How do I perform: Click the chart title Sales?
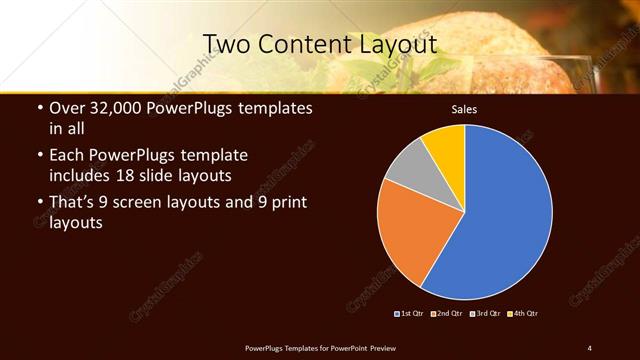464,109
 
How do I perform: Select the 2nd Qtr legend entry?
448,314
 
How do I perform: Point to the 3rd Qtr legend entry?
486,314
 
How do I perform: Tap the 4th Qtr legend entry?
523,314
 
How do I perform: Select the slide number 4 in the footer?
590,347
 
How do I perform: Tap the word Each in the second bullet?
67,156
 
